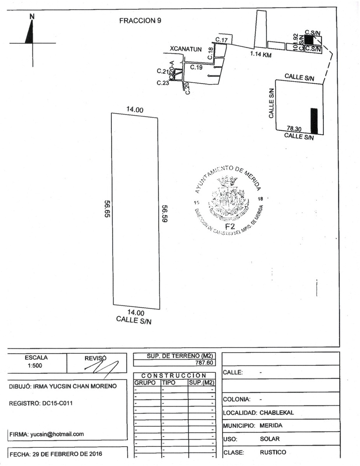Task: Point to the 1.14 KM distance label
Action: pos(261,55)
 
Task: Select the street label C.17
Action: pos(221,40)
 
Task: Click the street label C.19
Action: pos(196,67)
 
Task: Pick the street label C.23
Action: pos(162,83)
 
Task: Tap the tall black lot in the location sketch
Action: pos(314,121)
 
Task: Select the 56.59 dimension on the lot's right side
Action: pos(164,213)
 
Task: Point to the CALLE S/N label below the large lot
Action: pos(134,320)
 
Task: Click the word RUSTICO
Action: pos(273,452)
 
